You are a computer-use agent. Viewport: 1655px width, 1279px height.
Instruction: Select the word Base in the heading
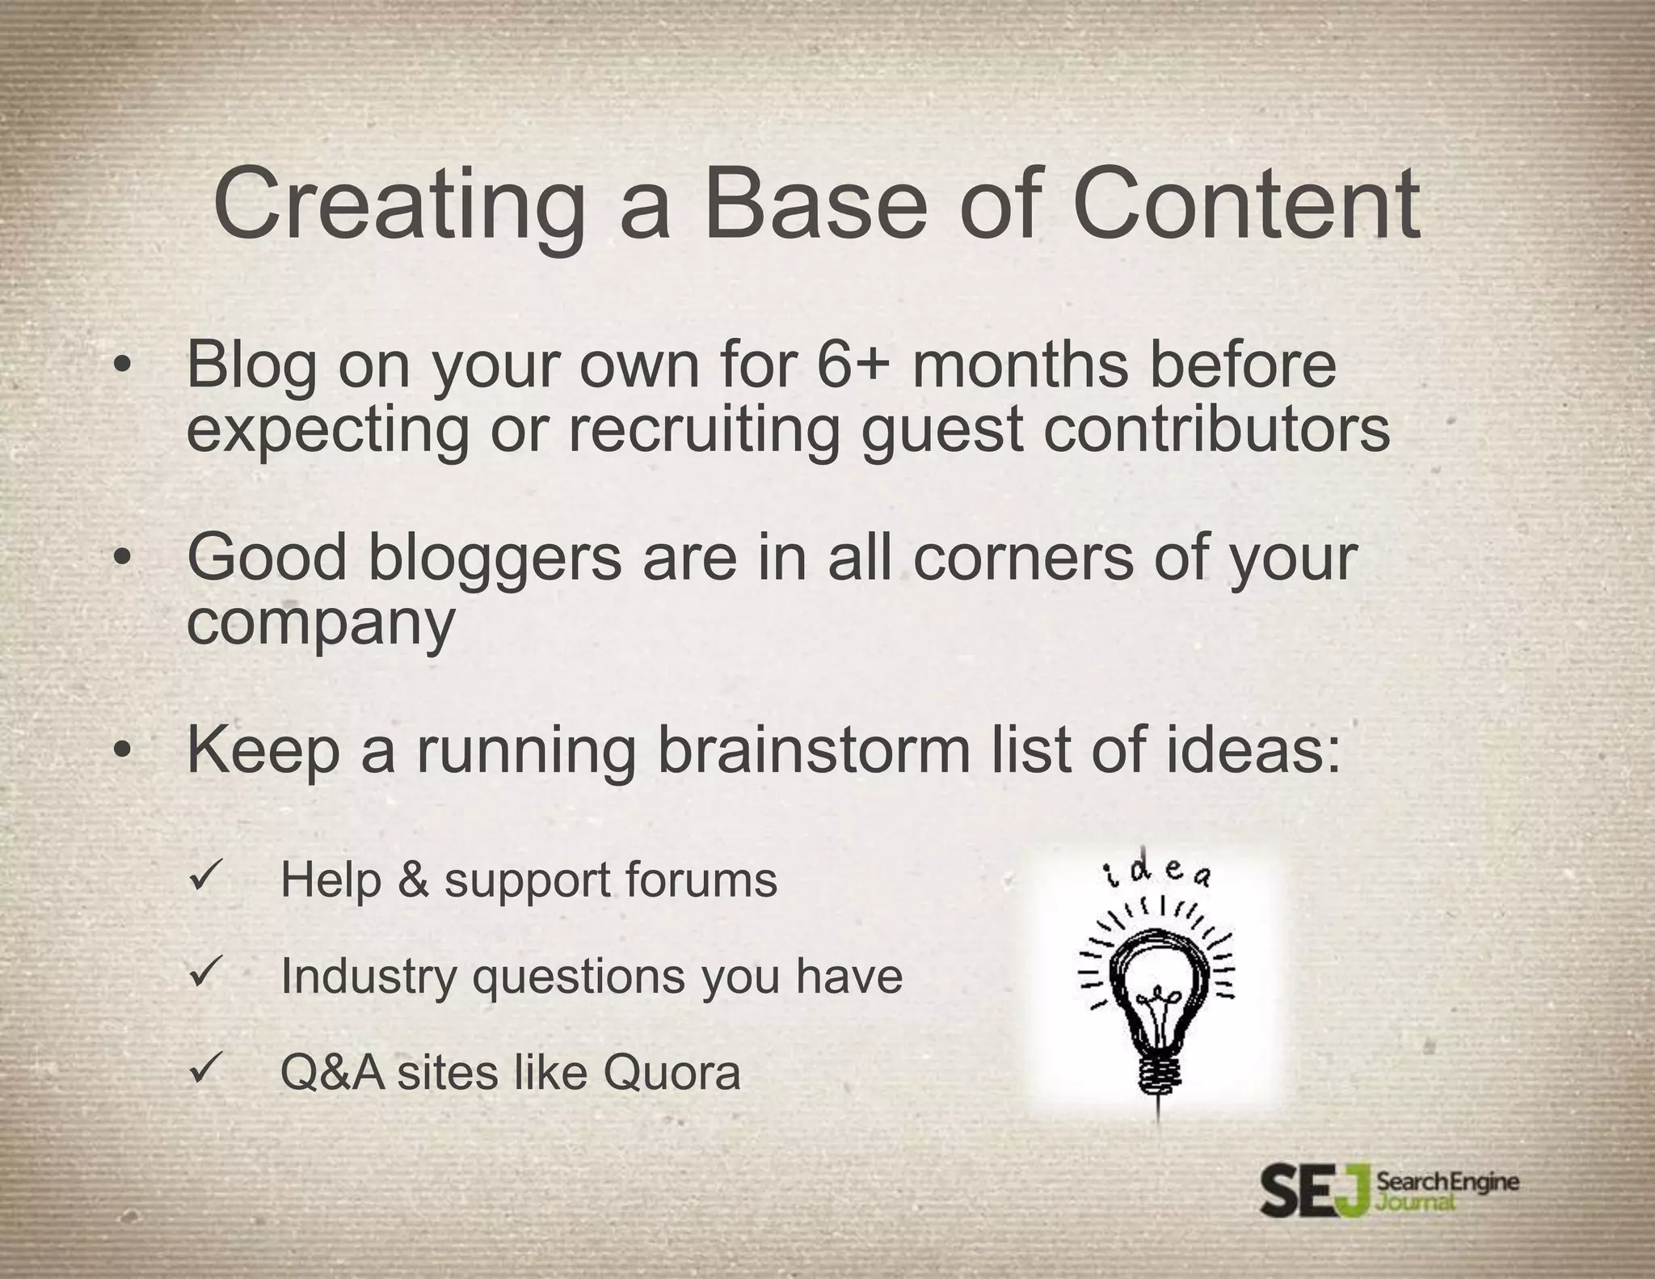point(816,204)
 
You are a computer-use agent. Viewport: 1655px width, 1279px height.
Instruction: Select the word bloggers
point(495,558)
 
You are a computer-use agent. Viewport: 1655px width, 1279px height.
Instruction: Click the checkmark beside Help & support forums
point(200,876)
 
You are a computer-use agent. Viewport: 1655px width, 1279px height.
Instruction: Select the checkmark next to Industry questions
point(200,973)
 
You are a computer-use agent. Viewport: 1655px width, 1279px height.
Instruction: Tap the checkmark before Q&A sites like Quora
point(200,1070)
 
